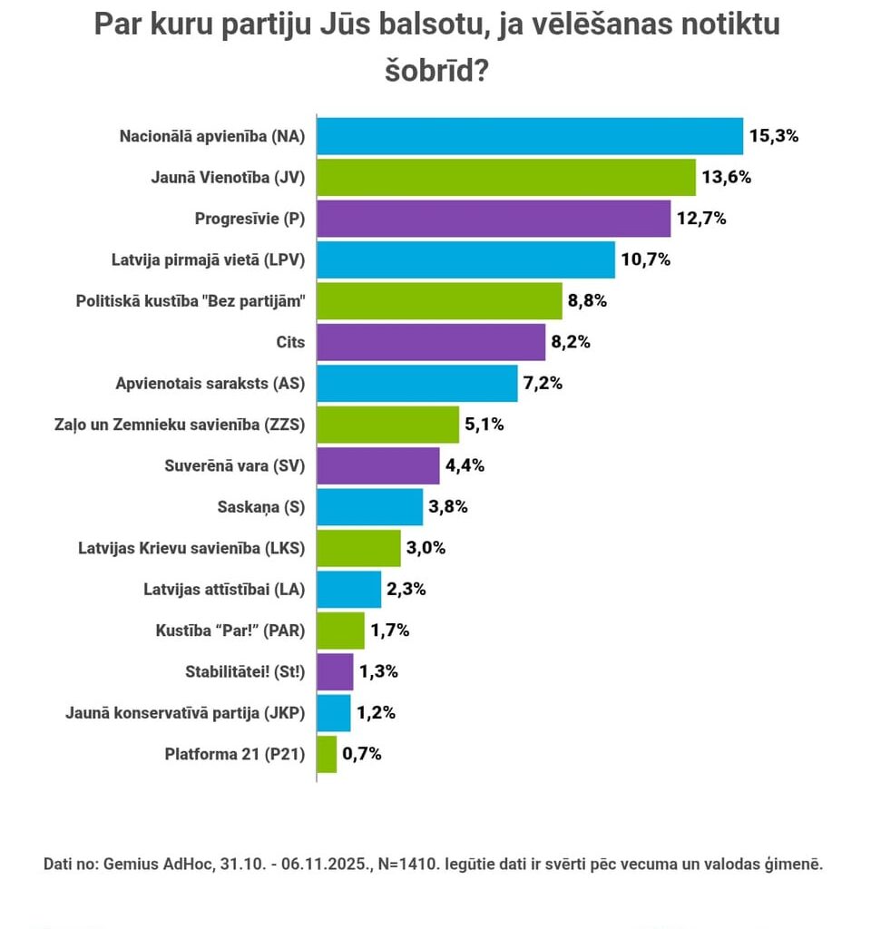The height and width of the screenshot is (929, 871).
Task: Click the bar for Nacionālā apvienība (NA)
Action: (x=530, y=136)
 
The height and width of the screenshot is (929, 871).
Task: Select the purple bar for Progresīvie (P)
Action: (x=494, y=219)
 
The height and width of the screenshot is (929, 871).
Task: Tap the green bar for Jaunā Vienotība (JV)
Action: (x=506, y=178)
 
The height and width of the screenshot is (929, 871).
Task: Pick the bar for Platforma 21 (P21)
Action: (x=327, y=754)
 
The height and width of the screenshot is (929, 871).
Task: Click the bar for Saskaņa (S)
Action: (x=370, y=507)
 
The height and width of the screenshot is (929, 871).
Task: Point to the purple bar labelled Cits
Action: (x=431, y=342)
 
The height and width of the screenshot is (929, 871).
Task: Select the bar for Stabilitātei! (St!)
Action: (x=335, y=671)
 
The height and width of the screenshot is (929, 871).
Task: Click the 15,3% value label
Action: (x=773, y=136)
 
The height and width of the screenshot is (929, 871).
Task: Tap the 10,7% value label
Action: (x=645, y=260)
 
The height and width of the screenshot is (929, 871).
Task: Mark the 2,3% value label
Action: (x=407, y=589)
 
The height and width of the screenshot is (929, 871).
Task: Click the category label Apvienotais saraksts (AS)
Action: (x=210, y=383)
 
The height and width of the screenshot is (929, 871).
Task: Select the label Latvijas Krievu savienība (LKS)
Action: (x=192, y=548)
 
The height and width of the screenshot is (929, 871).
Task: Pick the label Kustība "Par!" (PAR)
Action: (x=230, y=630)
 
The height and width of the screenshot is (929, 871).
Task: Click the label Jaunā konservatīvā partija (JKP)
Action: (x=185, y=712)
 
